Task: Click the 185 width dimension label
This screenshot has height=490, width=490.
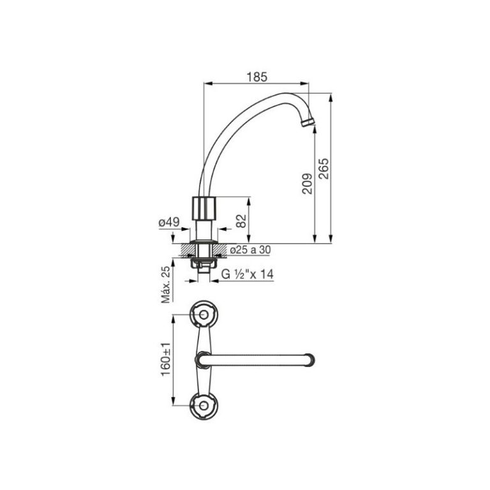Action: coord(256,76)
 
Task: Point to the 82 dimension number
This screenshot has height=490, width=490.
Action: coord(241,221)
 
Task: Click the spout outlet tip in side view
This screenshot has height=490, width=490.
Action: coord(308,122)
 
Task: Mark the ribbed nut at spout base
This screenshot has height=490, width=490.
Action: coord(205,207)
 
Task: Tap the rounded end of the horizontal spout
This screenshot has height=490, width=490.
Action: coord(310,359)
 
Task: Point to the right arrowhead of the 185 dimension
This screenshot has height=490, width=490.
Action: coord(311,83)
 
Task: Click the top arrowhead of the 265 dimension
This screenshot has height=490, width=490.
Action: coord(332,98)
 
